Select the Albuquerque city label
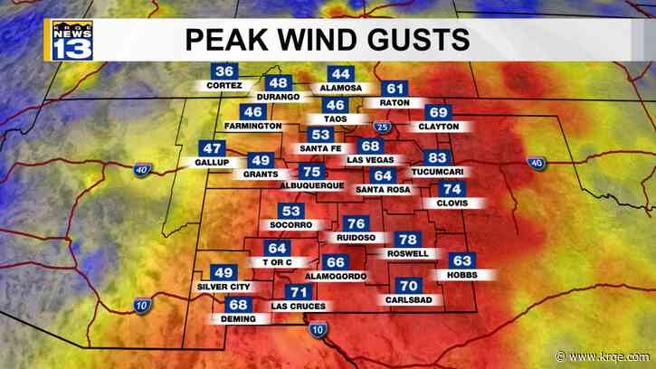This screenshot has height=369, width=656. (x=312, y=185)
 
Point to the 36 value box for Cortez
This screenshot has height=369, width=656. (x=225, y=72)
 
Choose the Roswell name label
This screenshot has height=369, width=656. (x=408, y=254)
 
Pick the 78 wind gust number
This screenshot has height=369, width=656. (x=408, y=240)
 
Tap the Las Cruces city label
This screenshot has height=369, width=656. (x=299, y=307)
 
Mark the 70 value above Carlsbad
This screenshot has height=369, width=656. (x=408, y=287)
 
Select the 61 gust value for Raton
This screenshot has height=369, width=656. (x=395, y=89)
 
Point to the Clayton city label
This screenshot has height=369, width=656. (x=439, y=127)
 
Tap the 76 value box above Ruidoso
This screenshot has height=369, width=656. (x=357, y=223)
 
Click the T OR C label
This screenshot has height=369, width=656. (x=276, y=262)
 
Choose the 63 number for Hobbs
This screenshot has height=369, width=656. (x=461, y=260)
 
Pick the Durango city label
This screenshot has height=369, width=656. (x=278, y=97)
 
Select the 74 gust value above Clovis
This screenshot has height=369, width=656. (x=452, y=189)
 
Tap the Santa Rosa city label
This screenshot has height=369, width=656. (x=384, y=189)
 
